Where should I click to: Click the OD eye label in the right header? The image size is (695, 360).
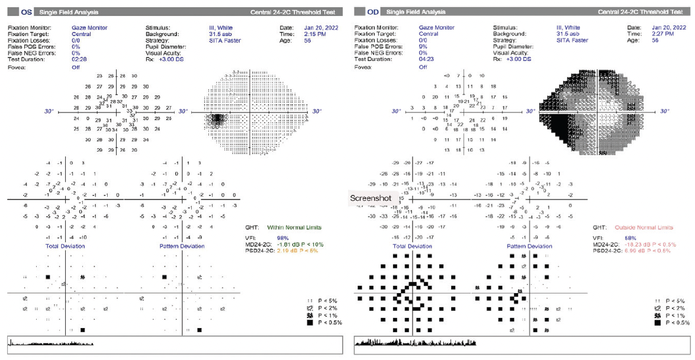coord(373,12)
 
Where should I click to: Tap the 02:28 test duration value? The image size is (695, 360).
coord(80,59)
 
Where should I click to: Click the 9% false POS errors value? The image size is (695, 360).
coord(423,46)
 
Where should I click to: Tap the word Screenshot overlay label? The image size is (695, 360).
coord(369,198)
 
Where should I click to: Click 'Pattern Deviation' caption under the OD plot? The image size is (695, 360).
coord(530,246)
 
